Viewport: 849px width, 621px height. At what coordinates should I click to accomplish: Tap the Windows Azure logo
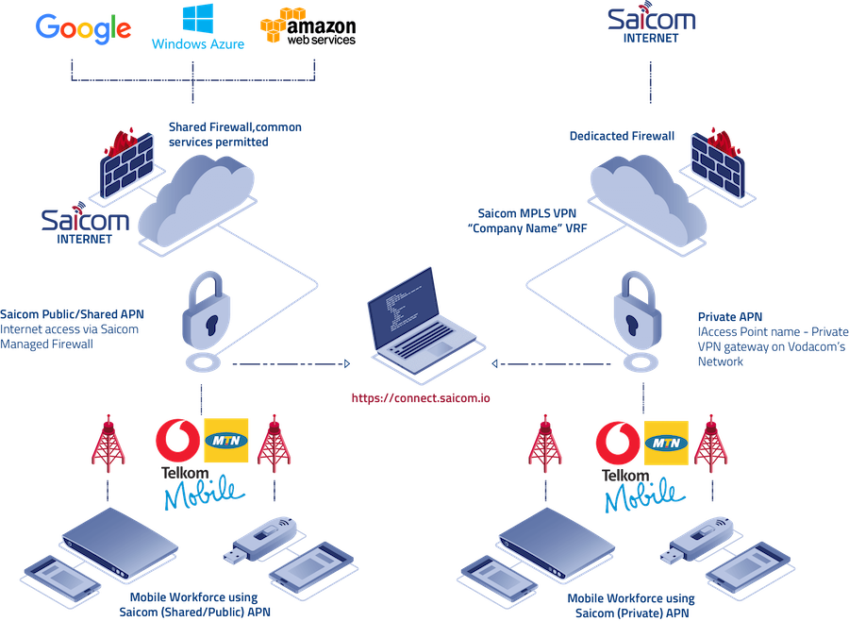198,28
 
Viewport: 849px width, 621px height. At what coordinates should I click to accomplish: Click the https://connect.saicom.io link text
421,398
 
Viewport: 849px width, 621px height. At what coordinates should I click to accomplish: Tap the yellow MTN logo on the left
226,440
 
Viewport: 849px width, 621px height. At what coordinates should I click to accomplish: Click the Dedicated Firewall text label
622,137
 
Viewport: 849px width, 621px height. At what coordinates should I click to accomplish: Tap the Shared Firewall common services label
235,134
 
